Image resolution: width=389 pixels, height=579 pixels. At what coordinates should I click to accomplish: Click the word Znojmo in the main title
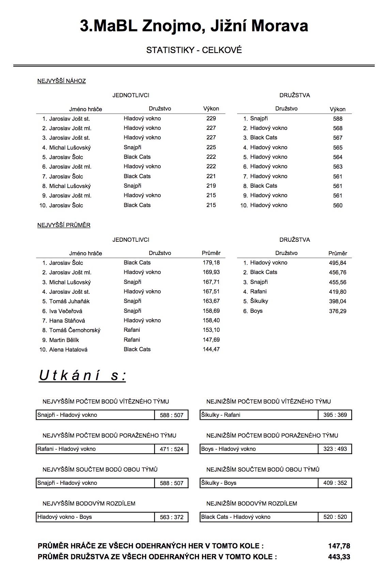(174, 26)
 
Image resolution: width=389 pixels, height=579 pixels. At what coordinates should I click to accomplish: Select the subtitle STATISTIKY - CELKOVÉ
(194, 50)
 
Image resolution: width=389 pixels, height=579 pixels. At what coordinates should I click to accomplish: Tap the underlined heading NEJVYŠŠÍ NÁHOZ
(62, 81)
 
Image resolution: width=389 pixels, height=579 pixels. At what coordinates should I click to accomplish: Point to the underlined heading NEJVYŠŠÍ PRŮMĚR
(64, 225)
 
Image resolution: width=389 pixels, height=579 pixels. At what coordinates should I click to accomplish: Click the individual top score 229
(211, 118)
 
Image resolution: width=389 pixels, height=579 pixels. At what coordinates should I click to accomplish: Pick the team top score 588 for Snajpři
(338, 119)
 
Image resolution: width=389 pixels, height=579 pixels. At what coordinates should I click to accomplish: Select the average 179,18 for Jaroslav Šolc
(211, 262)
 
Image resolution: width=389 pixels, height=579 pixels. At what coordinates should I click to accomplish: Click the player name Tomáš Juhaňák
(69, 301)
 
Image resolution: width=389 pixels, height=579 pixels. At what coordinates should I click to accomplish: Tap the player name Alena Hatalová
(68, 350)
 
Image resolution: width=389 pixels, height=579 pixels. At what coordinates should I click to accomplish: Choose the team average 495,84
(338, 263)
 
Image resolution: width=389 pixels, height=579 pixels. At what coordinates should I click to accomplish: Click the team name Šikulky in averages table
(259, 301)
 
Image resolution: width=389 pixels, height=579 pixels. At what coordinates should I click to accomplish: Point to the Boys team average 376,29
(338, 311)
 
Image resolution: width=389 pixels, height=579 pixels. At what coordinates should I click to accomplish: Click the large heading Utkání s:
(82, 376)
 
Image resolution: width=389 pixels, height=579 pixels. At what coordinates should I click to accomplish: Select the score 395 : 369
(335, 415)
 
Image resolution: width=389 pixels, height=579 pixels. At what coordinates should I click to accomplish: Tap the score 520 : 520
(335, 517)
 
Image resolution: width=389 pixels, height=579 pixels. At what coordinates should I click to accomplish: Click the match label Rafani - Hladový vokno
(66, 449)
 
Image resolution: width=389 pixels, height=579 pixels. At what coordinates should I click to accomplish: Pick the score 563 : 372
(172, 517)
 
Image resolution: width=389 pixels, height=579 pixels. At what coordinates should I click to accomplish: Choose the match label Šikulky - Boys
(219, 483)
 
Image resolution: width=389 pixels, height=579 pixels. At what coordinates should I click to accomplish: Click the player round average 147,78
(339, 546)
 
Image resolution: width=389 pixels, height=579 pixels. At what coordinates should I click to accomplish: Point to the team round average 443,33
(339, 557)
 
